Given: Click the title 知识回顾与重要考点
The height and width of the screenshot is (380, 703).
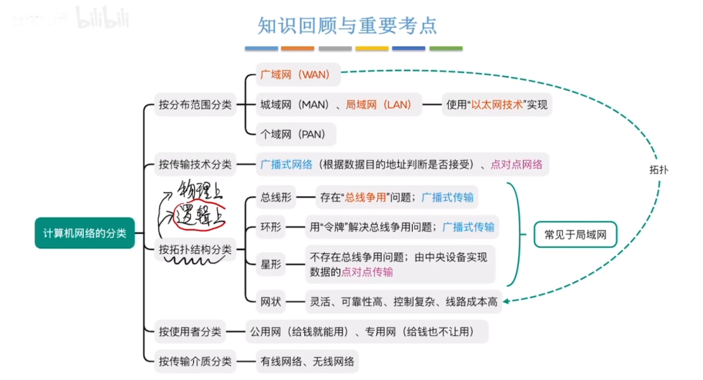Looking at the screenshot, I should click(347, 25).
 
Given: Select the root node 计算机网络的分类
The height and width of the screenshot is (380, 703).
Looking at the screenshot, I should click(85, 232).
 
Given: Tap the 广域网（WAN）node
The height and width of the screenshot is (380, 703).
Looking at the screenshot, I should click(295, 75).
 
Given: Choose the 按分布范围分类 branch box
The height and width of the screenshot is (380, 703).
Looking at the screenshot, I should click(195, 105).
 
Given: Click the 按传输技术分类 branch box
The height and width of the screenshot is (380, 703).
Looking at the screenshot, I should click(195, 164).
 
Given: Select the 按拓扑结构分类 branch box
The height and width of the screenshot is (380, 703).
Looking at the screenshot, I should click(195, 249).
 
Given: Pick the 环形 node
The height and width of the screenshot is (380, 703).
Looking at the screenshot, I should click(273, 227).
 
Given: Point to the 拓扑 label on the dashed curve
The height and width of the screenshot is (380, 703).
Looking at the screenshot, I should click(658, 169).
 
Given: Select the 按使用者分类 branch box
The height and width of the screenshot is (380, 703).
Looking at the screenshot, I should click(189, 332).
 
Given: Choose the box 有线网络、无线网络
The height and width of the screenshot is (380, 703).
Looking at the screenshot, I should click(307, 361).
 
